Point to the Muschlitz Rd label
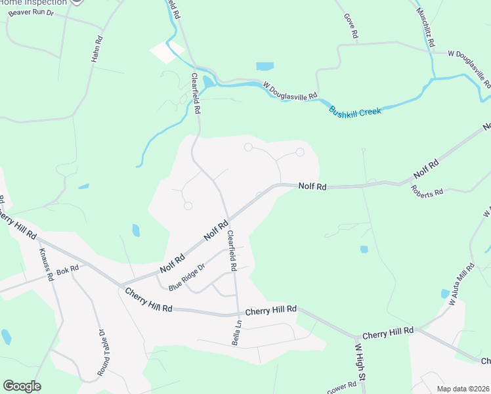(425, 26)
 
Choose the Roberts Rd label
(427, 192)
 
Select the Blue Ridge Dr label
(187, 277)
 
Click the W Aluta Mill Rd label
(461, 285)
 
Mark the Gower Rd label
(342, 388)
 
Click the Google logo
(22, 386)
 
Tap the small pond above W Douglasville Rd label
(265, 66)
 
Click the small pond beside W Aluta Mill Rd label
(445, 294)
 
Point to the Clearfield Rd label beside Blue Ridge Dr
(231, 251)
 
